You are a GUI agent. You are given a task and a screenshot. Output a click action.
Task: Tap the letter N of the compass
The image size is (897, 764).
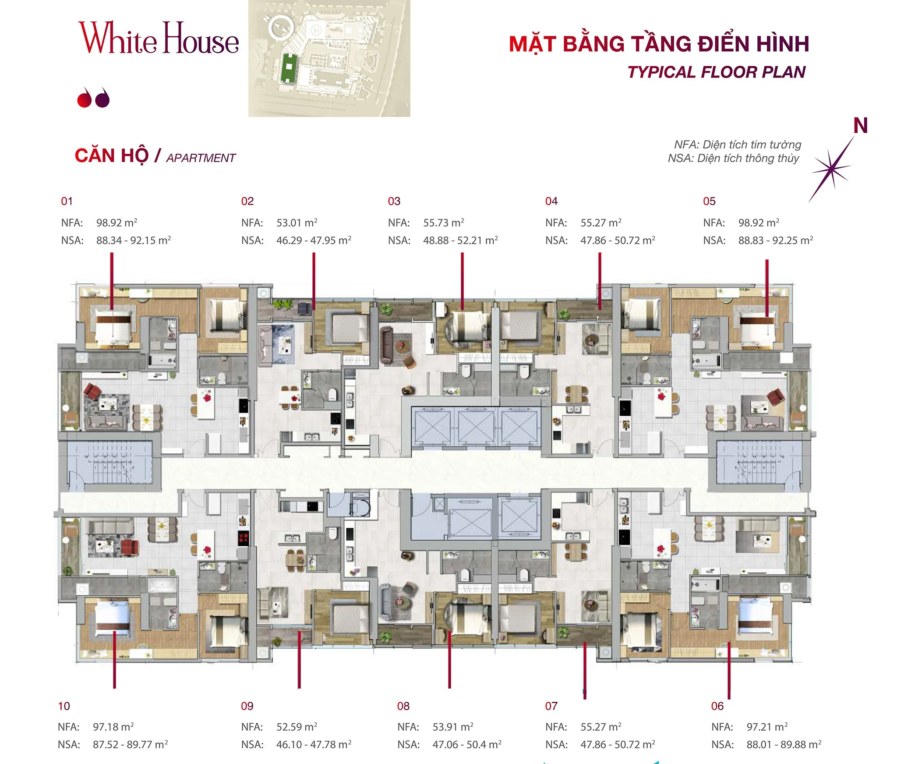pos(860,126)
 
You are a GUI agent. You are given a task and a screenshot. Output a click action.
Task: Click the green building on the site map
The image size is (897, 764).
pos(288,68)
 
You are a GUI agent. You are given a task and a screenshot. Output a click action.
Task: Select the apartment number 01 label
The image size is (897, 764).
pos(67,201)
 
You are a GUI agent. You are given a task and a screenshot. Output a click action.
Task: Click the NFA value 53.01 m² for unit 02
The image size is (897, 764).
pos(297,223)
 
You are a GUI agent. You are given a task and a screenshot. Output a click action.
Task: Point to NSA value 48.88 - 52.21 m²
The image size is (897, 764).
pos(460,241)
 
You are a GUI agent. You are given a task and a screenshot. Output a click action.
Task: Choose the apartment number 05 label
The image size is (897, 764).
pos(709,201)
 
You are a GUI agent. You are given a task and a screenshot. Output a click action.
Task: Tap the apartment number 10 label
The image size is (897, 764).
pos(64,706)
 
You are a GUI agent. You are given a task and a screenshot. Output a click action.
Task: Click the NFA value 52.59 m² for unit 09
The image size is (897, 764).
pos(297,727)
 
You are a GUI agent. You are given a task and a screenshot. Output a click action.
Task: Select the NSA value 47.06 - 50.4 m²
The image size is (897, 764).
pos(466,744)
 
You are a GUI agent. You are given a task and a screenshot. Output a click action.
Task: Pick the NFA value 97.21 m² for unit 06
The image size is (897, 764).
pos(767,727)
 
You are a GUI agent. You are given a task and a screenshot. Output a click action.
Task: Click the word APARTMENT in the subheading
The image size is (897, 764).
pos(201,158)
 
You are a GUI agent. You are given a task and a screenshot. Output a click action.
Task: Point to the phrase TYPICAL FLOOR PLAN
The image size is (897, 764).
pos(716,72)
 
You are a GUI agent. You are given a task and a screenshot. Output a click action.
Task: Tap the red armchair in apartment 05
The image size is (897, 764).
pos(776,396)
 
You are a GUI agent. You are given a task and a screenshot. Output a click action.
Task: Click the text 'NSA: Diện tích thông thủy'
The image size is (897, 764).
pos(733,158)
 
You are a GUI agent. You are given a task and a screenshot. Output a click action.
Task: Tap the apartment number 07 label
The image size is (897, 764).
pos(551,706)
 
